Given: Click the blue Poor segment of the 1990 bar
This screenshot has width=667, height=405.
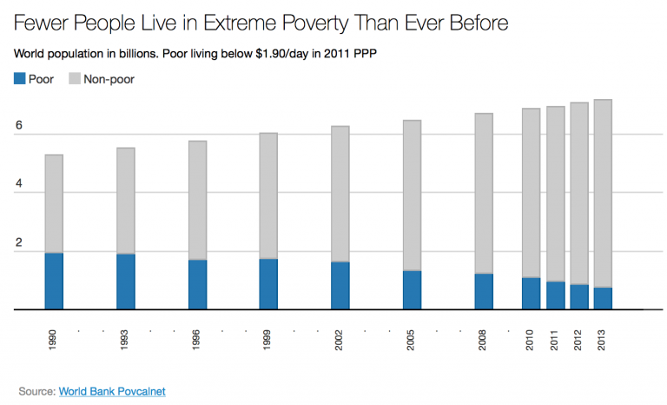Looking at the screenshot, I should point(54,281).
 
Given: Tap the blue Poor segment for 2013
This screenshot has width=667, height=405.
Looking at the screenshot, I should point(603,298).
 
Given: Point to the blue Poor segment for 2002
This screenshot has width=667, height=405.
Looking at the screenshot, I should point(340,285).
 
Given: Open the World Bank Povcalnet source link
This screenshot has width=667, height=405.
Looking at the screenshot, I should point(111,391).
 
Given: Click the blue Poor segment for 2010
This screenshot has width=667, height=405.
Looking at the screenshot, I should point(531,293).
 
